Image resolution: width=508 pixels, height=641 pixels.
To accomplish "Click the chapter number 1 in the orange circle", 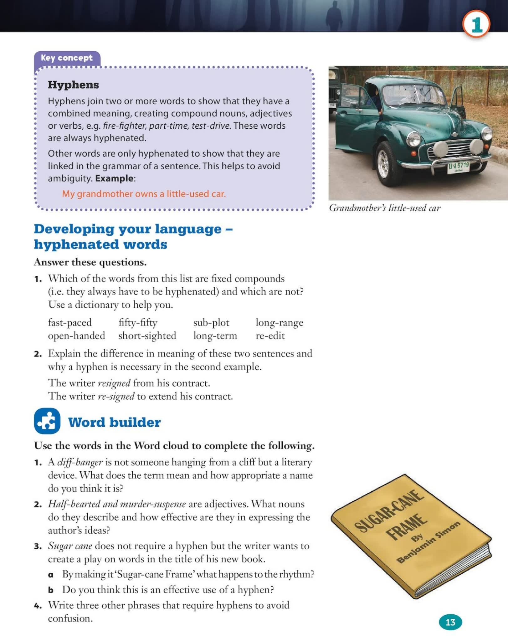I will coord(476,24).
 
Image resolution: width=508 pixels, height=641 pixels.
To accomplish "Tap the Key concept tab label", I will coord(67,58).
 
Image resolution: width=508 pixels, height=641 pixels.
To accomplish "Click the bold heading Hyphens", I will coord(73,85).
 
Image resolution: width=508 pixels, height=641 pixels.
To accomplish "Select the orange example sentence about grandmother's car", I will coord(144,194).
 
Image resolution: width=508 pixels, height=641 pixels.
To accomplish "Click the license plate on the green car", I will coord(458,167).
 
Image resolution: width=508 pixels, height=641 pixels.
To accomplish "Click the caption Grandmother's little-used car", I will coord(385,208).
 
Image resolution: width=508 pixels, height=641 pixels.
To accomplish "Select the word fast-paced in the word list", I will coord(70,322).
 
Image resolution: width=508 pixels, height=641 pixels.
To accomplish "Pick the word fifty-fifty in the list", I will coord(138,322).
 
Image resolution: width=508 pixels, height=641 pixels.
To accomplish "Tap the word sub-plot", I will coord(211,322).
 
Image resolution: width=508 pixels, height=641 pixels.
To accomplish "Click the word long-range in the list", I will coord(280,322).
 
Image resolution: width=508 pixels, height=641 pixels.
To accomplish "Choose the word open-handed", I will coord(76,336).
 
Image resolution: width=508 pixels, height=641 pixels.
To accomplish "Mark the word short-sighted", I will coord(147,336).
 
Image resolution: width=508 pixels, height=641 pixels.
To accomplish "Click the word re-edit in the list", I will coord(270,336).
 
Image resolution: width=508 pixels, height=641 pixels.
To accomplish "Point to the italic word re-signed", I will coord(116,396).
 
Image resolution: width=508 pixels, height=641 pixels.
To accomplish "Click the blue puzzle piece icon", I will coord(47,421).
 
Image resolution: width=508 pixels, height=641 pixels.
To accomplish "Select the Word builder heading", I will coord(114,422).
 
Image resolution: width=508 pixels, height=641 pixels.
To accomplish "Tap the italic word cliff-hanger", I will coord(80,462).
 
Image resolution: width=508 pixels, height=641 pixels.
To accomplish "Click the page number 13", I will coord(450,622).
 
